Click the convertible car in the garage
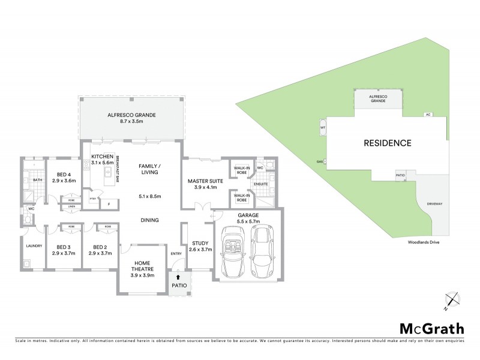point(234,251)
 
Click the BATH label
point(37,179)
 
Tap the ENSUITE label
point(260,184)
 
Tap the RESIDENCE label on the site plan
point(388,143)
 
